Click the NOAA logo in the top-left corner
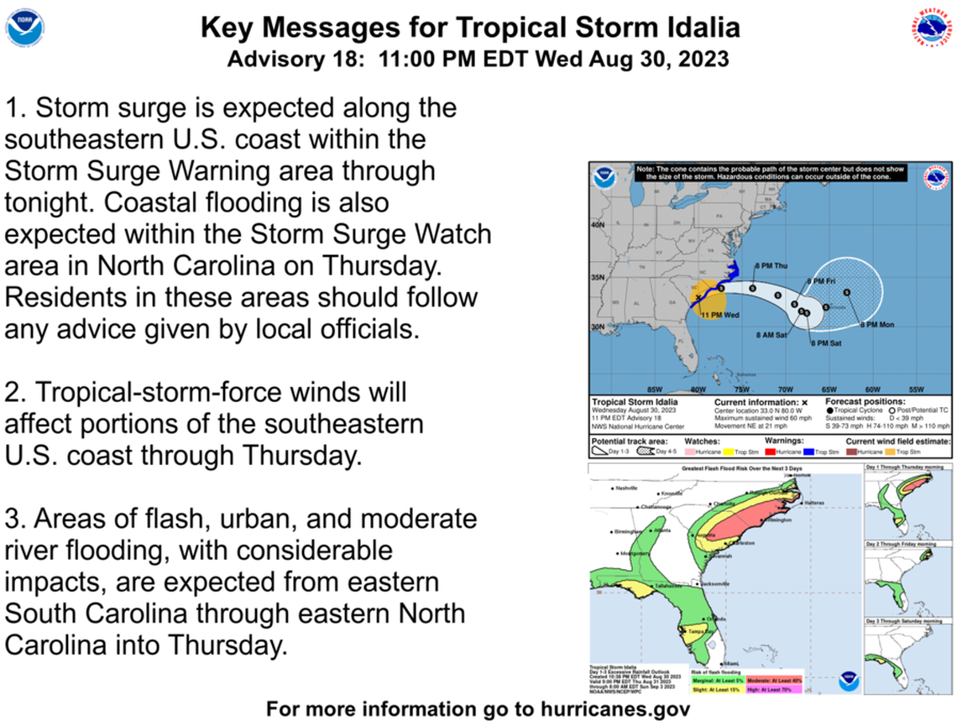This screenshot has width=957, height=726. (x=25, y=28)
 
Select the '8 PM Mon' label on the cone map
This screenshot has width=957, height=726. (x=876, y=324)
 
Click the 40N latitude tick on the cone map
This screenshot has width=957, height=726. (x=599, y=225)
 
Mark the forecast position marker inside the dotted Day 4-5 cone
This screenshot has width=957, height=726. (x=846, y=292)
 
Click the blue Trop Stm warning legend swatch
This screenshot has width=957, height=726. (x=811, y=451)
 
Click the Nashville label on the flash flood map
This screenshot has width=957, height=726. (x=627, y=488)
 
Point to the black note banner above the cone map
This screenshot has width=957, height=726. (x=771, y=172)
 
